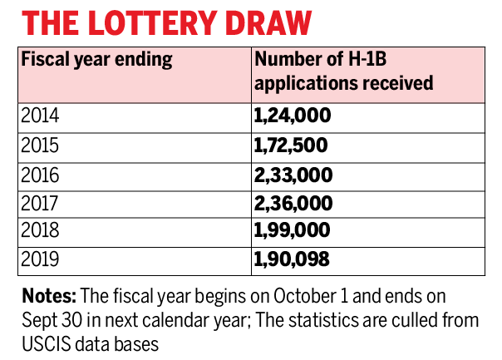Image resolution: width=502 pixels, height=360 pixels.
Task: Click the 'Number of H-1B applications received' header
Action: pos(344,72)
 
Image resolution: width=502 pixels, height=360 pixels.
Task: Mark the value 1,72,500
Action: pos(292,145)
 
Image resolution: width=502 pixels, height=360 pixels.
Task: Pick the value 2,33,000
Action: pos(293,174)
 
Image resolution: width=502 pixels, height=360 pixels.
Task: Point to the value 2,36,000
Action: pos(293,203)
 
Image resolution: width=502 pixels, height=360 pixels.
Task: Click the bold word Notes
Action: pos(47,296)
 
